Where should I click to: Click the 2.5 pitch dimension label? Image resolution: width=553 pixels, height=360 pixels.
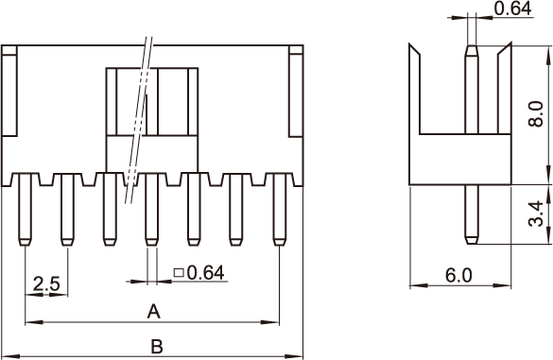pos(46,283)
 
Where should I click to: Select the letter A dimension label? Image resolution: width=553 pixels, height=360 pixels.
pos(153,312)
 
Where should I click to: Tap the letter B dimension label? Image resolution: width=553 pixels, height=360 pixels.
pos(157,347)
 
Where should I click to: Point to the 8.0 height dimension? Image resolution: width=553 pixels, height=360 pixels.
pos(536,113)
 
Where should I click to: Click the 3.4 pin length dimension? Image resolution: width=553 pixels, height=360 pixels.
pos(536,214)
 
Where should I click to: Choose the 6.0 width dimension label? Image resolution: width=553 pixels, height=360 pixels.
pos(458,275)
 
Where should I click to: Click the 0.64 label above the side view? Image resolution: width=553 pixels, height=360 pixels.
pos(512,9)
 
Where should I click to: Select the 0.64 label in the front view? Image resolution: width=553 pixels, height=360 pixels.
pos(206,272)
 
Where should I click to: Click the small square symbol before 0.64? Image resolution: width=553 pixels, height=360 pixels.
pos(179,272)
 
